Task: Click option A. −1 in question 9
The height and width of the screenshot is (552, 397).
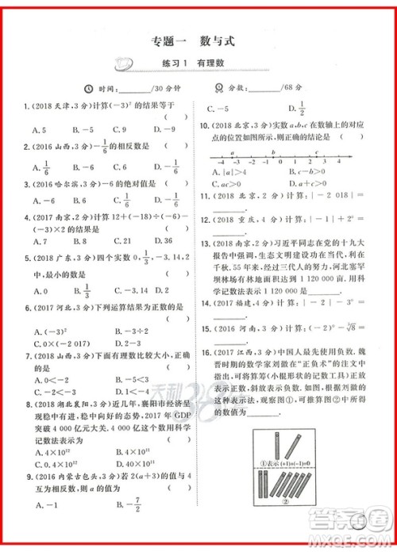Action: (x=43, y=505)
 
